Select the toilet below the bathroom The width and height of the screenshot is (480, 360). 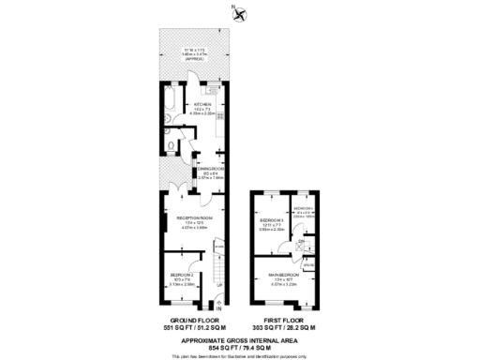(x=168, y=143)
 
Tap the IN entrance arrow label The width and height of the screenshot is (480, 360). (x=217, y=308)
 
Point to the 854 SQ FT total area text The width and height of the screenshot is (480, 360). (x=240, y=347)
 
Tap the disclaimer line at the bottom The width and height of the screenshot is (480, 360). (x=240, y=356)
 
